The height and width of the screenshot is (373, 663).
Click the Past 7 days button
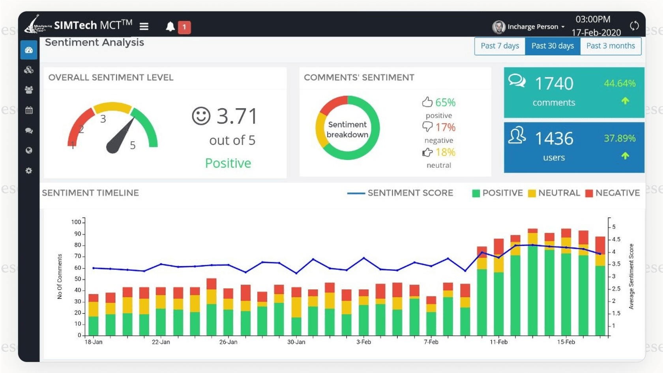coord(500,46)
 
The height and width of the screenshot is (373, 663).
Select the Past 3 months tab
coord(611,46)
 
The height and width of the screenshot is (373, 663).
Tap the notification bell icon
coord(170,27)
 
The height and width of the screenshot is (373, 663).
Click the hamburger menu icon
coord(144,26)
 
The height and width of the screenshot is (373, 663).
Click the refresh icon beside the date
coord(634,26)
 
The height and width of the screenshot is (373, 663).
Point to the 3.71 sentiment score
coord(237,116)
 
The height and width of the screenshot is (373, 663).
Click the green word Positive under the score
coord(228,163)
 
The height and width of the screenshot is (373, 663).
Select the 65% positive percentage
coord(445,103)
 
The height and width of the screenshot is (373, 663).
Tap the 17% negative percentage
coord(445,127)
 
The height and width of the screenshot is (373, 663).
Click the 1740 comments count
coord(554,84)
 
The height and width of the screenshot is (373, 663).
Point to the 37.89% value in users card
coord(620,139)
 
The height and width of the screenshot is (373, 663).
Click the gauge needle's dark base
coord(113,147)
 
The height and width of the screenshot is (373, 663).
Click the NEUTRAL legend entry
coord(554,193)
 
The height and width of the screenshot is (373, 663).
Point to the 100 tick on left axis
coord(76,222)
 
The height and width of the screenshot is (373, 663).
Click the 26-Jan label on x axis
coord(228,342)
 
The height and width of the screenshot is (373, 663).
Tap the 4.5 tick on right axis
coord(616,239)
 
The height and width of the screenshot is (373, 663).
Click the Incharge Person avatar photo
coord(498,27)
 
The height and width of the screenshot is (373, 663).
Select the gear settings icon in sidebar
coord(29,171)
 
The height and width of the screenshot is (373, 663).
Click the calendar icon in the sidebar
coord(29,110)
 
